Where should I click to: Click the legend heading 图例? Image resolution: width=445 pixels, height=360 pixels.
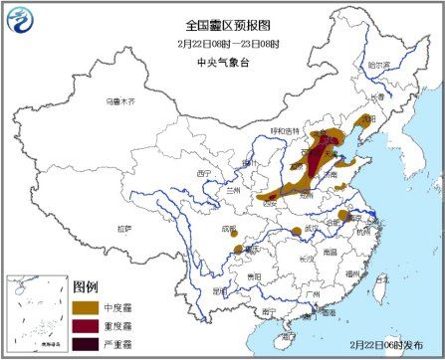pyautogui.click(x=85, y=285)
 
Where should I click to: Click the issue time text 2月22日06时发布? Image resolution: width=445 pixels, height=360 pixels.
pyautogui.click(x=390, y=342)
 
